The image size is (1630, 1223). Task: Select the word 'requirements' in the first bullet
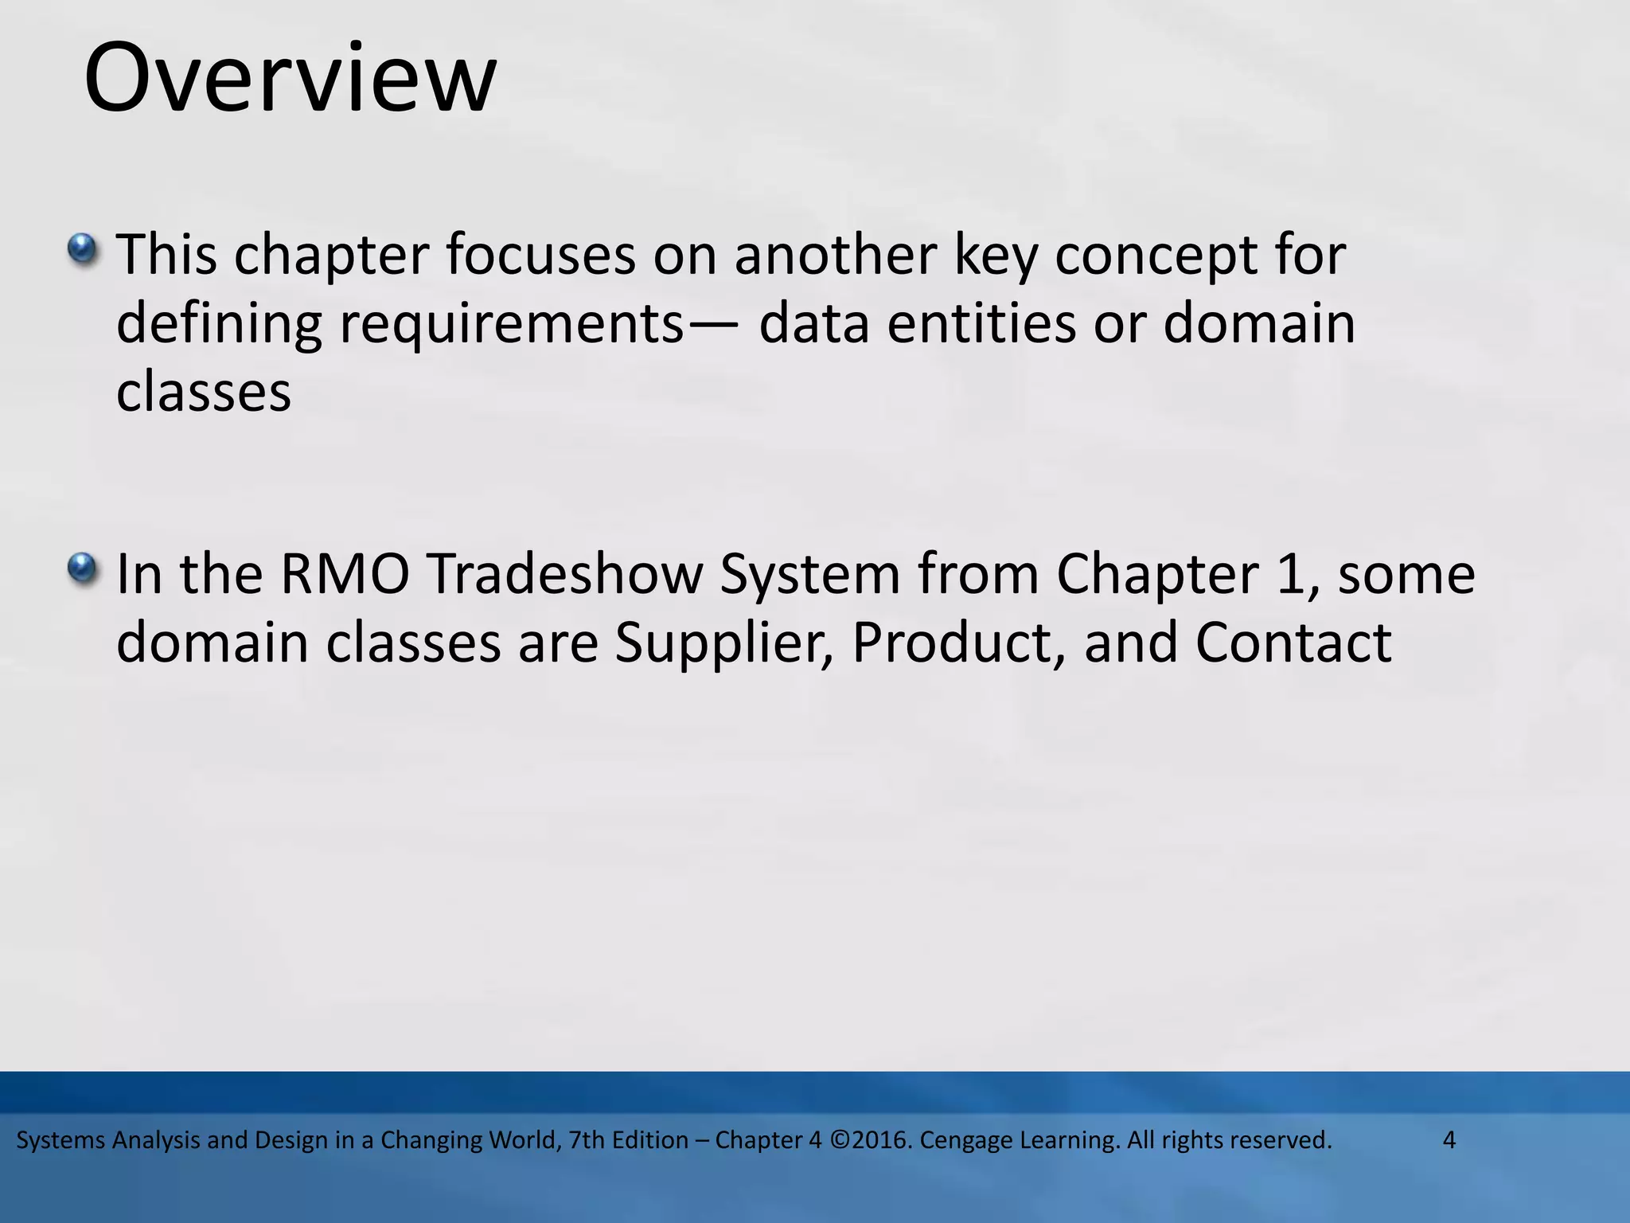(512, 324)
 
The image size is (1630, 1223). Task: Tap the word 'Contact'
(1293, 643)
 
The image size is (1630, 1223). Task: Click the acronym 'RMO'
(345, 574)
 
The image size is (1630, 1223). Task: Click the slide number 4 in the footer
(1449, 1140)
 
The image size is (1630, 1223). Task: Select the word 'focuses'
(540, 256)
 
